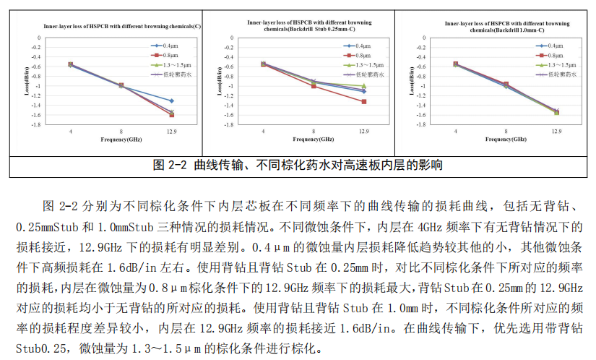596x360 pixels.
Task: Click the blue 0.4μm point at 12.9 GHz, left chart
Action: (171, 100)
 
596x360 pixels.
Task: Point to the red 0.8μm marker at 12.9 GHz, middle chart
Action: (363, 102)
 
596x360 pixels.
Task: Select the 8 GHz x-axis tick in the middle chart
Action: (313, 131)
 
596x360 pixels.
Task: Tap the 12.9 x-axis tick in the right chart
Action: (556, 132)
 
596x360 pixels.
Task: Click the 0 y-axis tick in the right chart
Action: (426, 37)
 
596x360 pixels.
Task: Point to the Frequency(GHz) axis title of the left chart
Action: (121, 138)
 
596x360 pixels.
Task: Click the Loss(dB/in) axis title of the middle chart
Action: (219, 81)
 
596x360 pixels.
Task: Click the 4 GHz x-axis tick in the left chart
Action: (70, 131)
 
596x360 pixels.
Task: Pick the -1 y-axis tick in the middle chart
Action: (230, 85)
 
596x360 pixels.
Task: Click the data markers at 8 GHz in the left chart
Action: (121, 86)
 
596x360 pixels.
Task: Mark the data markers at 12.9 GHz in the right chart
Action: (556, 112)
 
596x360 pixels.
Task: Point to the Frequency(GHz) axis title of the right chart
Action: (506, 139)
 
